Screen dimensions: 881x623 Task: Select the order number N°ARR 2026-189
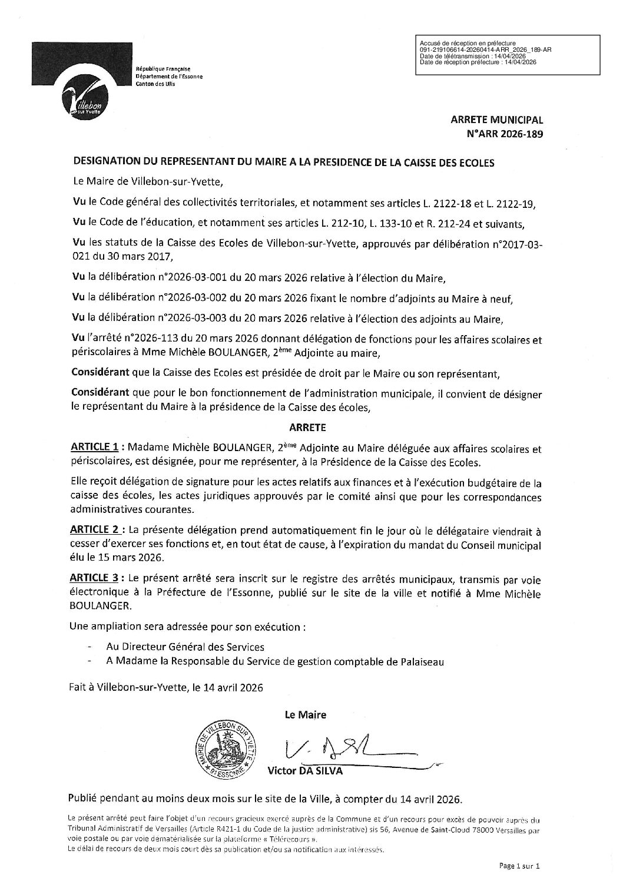[x=504, y=133]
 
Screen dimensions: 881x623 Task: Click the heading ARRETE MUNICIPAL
[x=497, y=120]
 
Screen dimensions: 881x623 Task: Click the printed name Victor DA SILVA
[x=304, y=770]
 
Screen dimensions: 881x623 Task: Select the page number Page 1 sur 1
[x=519, y=865]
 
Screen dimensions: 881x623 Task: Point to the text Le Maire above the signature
[x=305, y=715]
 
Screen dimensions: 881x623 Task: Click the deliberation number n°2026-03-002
[x=193, y=299]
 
